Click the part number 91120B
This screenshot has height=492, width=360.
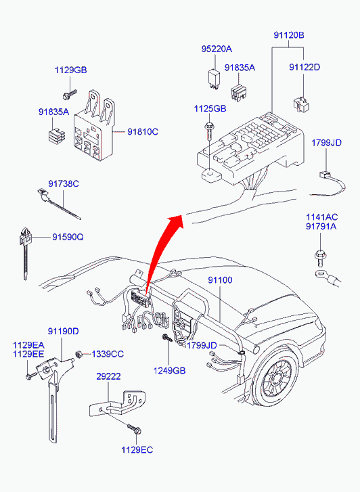(x=289, y=35)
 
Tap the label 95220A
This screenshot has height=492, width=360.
(x=217, y=49)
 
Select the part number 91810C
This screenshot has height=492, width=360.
(x=143, y=132)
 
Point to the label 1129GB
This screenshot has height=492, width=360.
(x=70, y=70)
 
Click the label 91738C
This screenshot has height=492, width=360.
(x=64, y=183)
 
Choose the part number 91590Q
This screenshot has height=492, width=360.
(x=68, y=238)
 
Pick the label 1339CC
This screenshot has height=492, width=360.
(x=108, y=354)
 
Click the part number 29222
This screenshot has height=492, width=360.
(x=108, y=376)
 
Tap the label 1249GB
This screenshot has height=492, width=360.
(x=169, y=371)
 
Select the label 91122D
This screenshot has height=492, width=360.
(x=305, y=67)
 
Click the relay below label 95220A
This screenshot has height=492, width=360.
(x=215, y=79)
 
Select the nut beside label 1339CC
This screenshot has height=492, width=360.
(x=79, y=354)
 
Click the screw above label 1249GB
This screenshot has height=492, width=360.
(x=167, y=338)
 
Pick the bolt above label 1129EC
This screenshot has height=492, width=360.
(x=135, y=428)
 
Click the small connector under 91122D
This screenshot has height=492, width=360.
(x=302, y=104)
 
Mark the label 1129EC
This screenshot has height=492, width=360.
(x=137, y=450)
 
